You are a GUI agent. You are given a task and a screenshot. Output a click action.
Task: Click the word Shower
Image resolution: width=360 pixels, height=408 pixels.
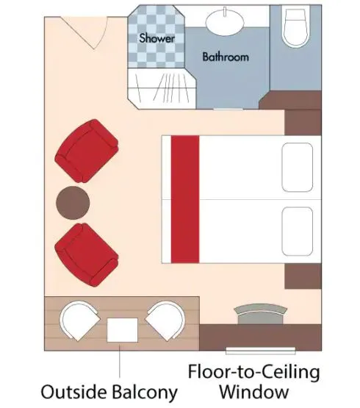(156, 37)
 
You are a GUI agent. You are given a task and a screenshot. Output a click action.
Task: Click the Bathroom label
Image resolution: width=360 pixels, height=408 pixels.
(226, 57)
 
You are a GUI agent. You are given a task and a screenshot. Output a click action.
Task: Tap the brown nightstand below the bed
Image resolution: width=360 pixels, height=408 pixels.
(303, 276)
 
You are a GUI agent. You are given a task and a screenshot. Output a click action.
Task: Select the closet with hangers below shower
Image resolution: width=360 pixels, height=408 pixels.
(163, 85)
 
